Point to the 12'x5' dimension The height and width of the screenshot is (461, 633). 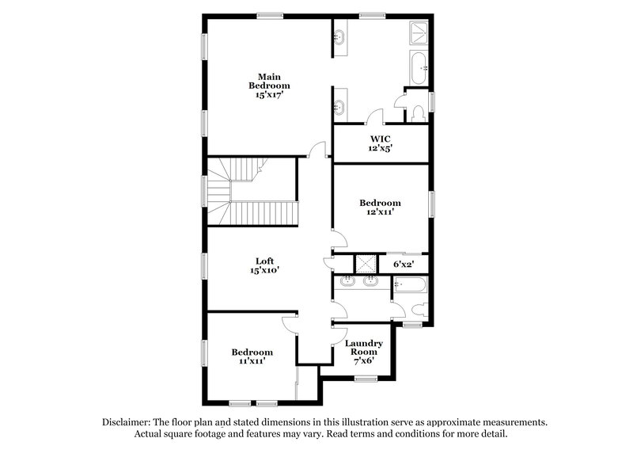pyautogui.click(x=381, y=148)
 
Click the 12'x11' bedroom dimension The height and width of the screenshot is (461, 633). pyautogui.click(x=381, y=213)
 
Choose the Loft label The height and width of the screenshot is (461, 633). pyautogui.click(x=264, y=261)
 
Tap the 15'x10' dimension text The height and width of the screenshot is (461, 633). pyautogui.click(x=264, y=270)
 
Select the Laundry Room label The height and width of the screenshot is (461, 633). pyautogui.click(x=363, y=348)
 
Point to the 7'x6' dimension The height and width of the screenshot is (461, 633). pyautogui.click(x=363, y=361)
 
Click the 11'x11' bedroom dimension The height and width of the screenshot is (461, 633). pyautogui.click(x=252, y=361)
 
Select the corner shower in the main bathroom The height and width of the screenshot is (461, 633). pyautogui.click(x=418, y=32)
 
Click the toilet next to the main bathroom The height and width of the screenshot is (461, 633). pyautogui.click(x=417, y=112)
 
